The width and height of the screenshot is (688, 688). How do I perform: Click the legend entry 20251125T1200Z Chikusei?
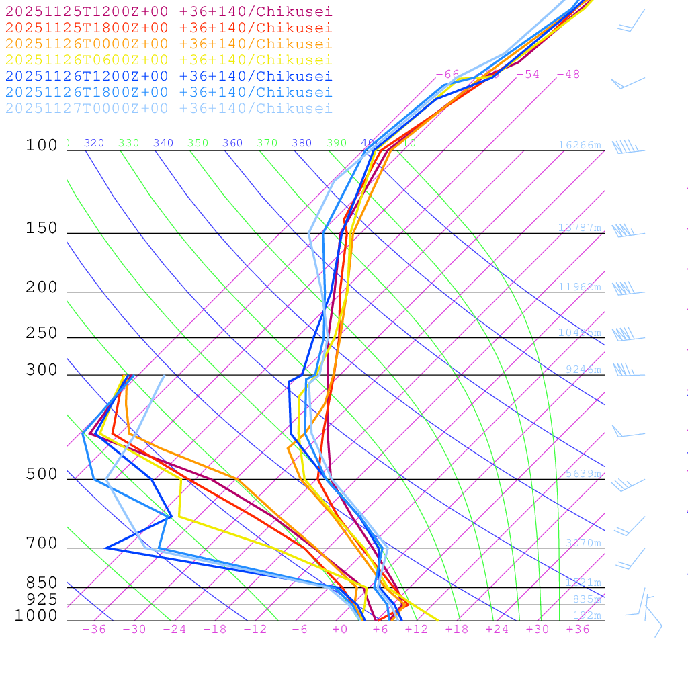[169, 11]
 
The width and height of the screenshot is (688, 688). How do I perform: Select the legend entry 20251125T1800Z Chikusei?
[169, 28]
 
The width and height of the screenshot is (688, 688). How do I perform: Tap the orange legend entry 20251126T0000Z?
[169, 44]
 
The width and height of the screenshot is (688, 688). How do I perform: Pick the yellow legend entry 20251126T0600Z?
[169, 60]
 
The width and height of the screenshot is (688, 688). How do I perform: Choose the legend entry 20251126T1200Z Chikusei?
[169, 76]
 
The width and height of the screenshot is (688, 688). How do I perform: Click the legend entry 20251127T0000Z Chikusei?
[169, 108]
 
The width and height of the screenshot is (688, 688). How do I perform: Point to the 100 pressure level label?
[42, 145]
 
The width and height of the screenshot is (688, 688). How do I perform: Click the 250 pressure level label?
[42, 333]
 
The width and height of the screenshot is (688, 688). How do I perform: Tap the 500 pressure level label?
[42, 474]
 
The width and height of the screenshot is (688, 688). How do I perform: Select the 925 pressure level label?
[42, 599]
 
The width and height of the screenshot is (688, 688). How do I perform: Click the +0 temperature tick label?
[340, 630]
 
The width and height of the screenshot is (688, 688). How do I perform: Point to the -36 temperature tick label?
[94, 630]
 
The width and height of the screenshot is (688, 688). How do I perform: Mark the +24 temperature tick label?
[497, 630]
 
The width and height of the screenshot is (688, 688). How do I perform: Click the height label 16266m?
[579, 145]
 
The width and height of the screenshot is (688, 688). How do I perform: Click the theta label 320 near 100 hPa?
[94, 143]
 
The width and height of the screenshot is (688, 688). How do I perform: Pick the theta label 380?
[302, 143]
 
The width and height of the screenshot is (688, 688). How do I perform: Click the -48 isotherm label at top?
[568, 74]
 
